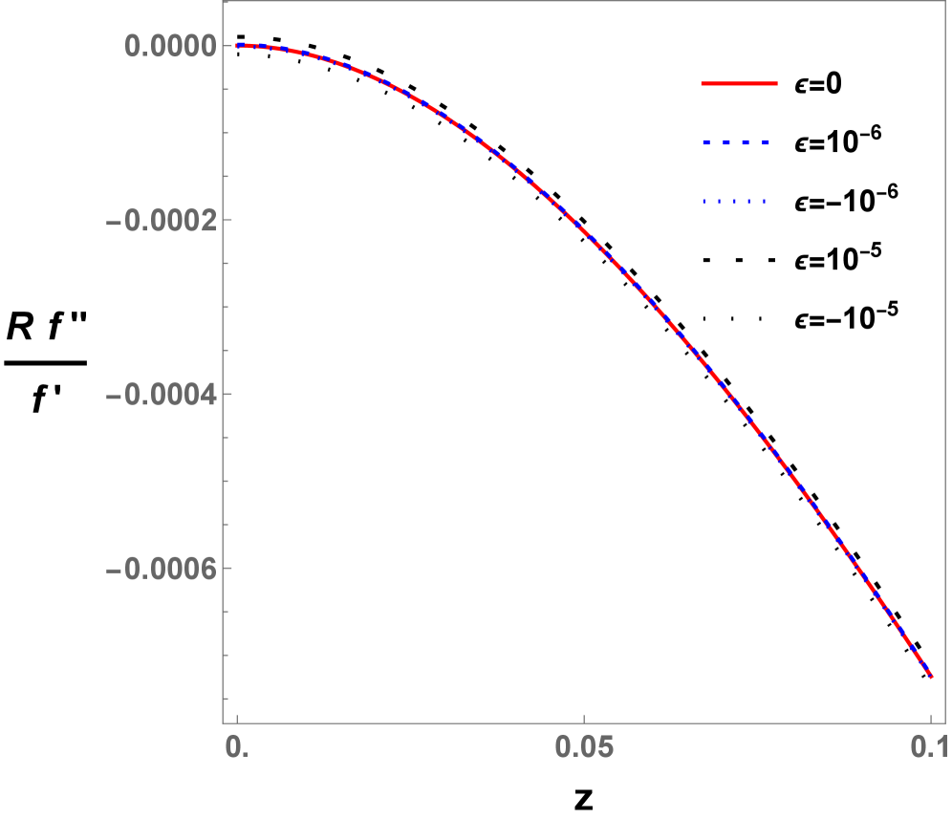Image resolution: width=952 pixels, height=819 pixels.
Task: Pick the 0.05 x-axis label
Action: click(583, 746)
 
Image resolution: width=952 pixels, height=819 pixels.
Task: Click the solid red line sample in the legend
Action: click(739, 84)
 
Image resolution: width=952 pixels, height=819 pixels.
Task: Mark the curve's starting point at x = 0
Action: click(237, 45)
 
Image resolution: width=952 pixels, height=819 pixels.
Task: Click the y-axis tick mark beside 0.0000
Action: click(227, 46)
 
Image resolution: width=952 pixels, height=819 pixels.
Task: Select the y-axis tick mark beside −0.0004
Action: click(227, 395)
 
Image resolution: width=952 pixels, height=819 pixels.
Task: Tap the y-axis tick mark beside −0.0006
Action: click(227, 570)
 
